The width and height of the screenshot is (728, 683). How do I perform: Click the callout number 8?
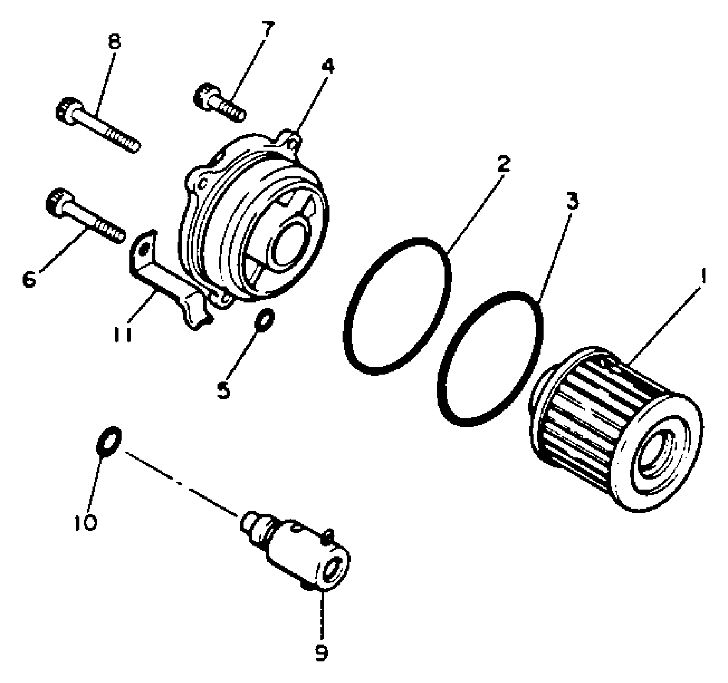115,41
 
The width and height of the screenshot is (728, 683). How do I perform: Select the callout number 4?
328,66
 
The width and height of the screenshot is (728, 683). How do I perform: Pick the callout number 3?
573,200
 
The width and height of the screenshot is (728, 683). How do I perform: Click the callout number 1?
703,277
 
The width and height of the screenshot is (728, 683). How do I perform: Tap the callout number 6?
29,279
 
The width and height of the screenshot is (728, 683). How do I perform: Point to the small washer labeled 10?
108,442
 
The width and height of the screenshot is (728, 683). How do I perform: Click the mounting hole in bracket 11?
143,251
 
